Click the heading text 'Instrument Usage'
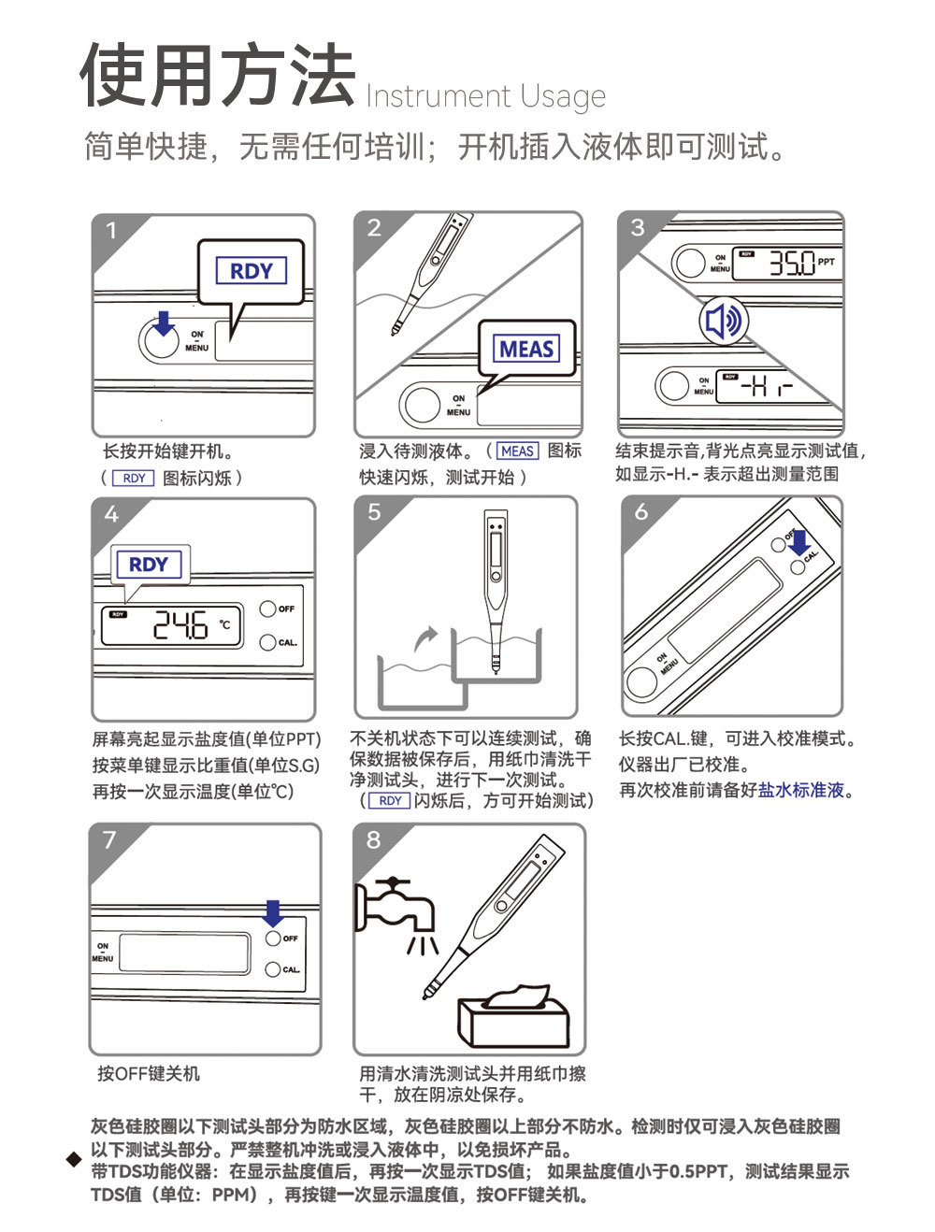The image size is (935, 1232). (485, 96)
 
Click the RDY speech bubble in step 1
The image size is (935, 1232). (251, 272)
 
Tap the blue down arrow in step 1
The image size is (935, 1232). (165, 323)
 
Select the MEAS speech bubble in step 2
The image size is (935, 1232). (526, 349)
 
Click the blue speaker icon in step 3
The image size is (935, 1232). (723, 322)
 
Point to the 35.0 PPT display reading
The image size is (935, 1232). (792, 264)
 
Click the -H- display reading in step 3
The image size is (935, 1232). (767, 385)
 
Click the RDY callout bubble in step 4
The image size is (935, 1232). (149, 565)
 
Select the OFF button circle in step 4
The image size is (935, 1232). (267, 609)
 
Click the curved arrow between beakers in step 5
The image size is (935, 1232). (426, 639)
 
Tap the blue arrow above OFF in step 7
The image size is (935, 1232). (273, 913)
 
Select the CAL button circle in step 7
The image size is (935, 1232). (273, 969)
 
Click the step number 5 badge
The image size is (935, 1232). (375, 513)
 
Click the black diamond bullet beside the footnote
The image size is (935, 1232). (74, 1160)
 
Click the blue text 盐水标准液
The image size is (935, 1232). (800, 790)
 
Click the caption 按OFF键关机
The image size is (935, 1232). (149, 1073)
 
